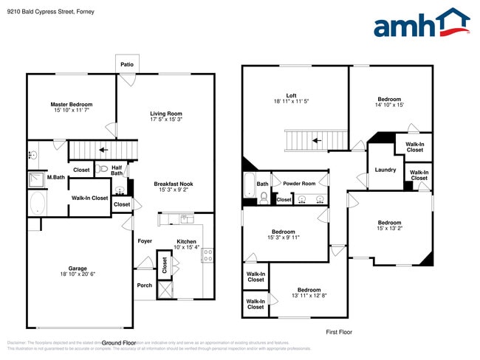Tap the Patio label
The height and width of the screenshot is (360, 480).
point(127,65)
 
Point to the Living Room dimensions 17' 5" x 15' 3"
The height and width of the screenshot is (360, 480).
point(166,120)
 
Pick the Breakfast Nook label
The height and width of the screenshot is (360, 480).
point(174,184)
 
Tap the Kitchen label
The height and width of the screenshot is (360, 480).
point(186,241)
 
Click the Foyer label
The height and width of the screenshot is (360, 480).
point(145,240)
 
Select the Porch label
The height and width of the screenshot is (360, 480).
point(144,285)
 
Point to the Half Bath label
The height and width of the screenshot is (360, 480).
point(117,170)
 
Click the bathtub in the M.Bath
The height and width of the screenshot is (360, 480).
point(37,204)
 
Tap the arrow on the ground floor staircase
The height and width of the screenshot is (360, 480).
point(103,150)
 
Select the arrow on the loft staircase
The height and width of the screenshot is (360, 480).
point(317,139)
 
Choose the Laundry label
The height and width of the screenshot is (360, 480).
point(385,170)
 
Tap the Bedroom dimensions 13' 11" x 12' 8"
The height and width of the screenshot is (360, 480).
point(309,297)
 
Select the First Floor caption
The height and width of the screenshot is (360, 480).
point(339,332)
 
